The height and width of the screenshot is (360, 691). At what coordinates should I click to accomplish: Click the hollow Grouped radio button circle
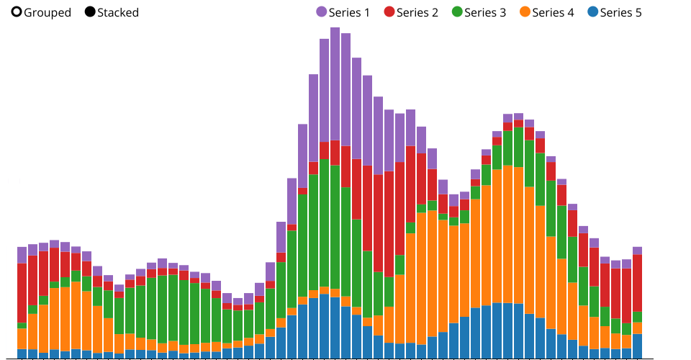click(x=17, y=12)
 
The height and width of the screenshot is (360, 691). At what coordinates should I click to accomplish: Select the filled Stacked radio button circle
click(x=90, y=12)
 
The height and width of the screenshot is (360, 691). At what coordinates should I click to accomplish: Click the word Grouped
click(x=48, y=12)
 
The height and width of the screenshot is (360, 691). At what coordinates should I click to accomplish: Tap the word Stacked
click(x=118, y=12)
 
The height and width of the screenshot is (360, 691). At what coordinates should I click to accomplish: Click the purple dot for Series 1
click(x=321, y=12)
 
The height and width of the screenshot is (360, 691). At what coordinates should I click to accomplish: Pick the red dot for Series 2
click(x=389, y=12)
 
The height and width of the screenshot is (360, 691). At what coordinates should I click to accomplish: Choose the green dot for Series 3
click(x=457, y=12)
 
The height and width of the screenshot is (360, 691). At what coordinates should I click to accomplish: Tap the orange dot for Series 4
click(x=525, y=12)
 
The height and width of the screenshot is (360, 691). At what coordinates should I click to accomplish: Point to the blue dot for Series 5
click(x=592, y=12)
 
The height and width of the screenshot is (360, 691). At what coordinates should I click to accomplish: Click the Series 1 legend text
click(x=349, y=12)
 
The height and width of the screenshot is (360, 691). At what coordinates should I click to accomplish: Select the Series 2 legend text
click(x=417, y=12)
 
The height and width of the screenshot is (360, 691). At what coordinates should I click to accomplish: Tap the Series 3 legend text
click(x=485, y=12)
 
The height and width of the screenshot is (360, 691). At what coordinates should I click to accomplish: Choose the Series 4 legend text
click(x=553, y=12)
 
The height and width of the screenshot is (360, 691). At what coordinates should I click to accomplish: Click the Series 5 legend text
click(x=620, y=12)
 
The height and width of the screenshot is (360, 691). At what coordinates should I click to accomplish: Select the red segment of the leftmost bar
click(x=22, y=292)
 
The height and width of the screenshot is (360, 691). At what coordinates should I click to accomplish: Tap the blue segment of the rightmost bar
click(x=637, y=346)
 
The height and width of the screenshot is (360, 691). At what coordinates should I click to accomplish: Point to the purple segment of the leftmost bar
click(x=22, y=255)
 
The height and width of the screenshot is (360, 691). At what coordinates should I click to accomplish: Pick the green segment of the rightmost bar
click(x=637, y=317)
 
